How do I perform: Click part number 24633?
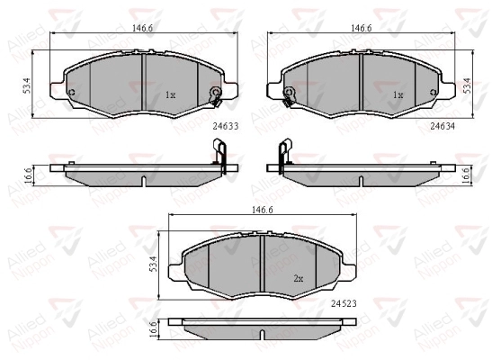coord(226,126)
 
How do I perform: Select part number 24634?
coord(443,126)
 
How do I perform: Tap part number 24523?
coord(344,303)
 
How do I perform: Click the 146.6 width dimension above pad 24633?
coord(142,28)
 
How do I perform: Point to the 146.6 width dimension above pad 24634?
coord(362,28)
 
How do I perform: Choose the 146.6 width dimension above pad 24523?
coord(263,210)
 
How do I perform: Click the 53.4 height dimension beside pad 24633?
coord(27,85)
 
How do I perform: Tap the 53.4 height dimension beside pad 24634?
coord(467,85)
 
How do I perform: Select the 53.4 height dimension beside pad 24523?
coord(153,264)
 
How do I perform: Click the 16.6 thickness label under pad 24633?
coord(28,175)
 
